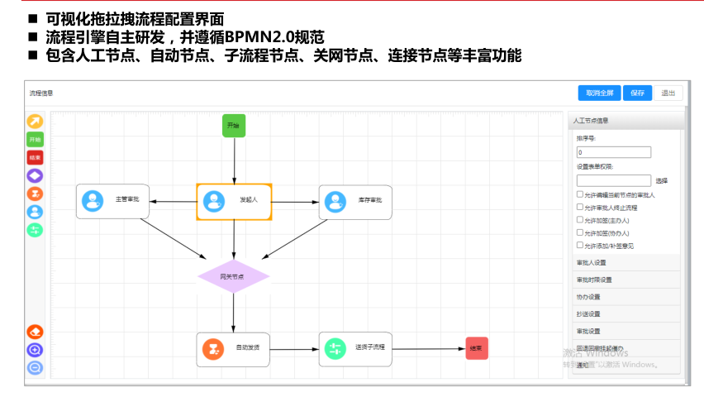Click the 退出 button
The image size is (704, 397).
click(x=669, y=93)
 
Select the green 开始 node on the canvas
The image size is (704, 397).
click(x=234, y=126)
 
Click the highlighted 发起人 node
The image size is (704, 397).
click(x=234, y=201)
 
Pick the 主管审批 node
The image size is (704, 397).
click(x=112, y=201)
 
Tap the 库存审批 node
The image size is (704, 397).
click(x=355, y=201)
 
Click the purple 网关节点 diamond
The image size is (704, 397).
click(x=234, y=276)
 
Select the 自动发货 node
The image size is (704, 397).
click(x=234, y=348)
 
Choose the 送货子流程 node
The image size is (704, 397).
click(x=355, y=348)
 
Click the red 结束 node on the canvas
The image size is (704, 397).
click(x=477, y=348)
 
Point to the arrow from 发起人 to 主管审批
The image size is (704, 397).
click(x=173, y=201)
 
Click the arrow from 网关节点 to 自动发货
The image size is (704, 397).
click(x=234, y=313)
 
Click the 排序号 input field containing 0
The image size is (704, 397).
click(x=614, y=152)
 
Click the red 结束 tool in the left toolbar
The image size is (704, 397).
click(x=35, y=157)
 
